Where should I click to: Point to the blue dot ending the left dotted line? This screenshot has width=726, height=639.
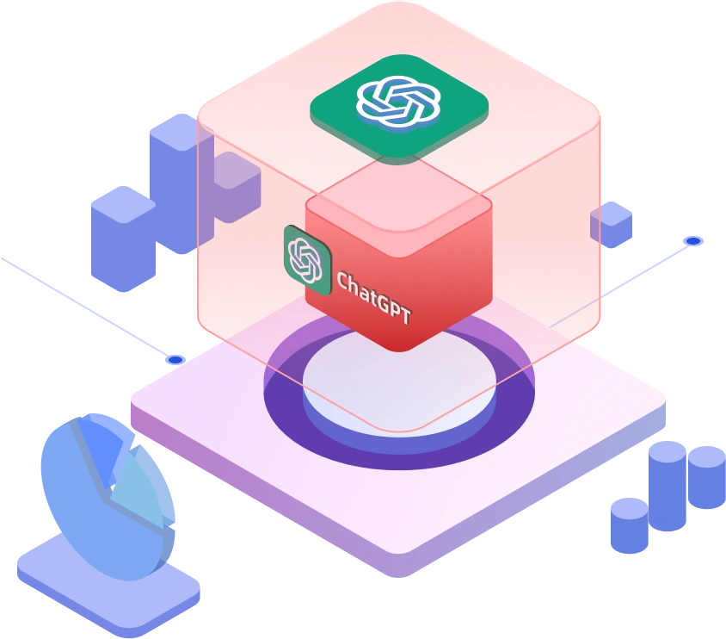tap(175, 359)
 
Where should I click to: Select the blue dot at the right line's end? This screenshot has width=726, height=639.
tap(692, 241)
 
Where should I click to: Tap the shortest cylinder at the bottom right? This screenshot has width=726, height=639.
tap(629, 524)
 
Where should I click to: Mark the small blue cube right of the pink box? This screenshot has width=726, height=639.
tap(612, 225)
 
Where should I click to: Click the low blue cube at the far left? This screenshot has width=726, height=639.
tap(120, 237)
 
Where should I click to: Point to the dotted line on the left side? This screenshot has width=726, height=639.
tap(86, 306)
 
